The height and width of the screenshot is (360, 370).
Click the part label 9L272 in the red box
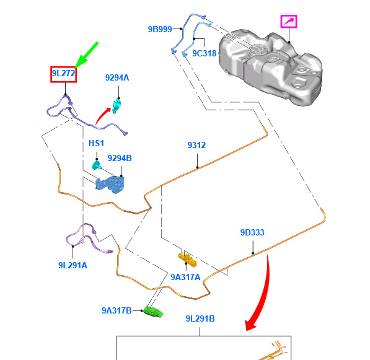(63, 73)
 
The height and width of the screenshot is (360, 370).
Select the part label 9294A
(117, 77)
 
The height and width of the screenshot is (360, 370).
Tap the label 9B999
(160, 29)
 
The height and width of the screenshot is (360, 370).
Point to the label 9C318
(205, 53)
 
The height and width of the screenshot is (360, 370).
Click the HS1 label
(96, 143)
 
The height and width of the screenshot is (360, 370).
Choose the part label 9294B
(120, 158)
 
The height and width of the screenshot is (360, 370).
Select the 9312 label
(196, 145)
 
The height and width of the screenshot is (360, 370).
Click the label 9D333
(252, 232)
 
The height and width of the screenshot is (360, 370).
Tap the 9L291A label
(73, 265)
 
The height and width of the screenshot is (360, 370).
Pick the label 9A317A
(185, 277)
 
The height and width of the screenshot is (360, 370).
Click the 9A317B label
(117, 310)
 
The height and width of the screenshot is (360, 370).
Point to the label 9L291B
(200, 318)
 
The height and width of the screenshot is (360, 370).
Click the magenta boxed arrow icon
(289, 22)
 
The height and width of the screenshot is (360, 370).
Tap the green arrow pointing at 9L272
(86, 55)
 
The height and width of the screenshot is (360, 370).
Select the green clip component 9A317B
(153, 312)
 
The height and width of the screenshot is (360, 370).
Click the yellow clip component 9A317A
(187, 260)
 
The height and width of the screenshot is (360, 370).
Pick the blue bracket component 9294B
(110, 184)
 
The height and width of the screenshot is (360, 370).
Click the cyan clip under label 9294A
(117, 106)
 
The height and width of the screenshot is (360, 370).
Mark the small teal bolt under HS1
(97, 165)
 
